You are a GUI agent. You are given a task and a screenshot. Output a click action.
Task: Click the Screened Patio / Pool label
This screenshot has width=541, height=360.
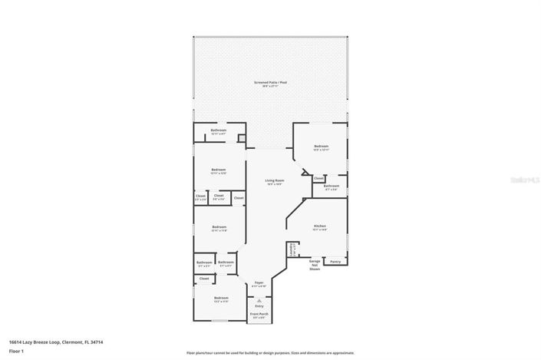tap(270, 82)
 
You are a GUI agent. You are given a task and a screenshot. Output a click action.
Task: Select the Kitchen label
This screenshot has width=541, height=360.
tap(320, 226)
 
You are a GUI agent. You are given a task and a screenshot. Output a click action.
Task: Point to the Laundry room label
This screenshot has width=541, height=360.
tap(292, 250)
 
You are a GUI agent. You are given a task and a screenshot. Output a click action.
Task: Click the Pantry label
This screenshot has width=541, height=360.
tap(335, 262)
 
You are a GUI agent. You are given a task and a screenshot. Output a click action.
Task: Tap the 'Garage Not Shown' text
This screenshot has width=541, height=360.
tap(315, 266)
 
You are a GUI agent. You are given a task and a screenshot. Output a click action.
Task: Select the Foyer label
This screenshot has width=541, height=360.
tap(259, 283)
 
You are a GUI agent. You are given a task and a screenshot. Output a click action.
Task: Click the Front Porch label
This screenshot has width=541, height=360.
tap(259, 314)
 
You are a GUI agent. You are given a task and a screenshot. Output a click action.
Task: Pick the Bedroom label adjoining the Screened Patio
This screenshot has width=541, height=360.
tap(321, 147)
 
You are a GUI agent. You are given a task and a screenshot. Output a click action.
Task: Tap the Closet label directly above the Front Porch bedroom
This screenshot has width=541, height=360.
tap(204, 279)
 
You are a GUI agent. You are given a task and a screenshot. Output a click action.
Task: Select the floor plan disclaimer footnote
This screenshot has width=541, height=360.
tap(270, 353)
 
